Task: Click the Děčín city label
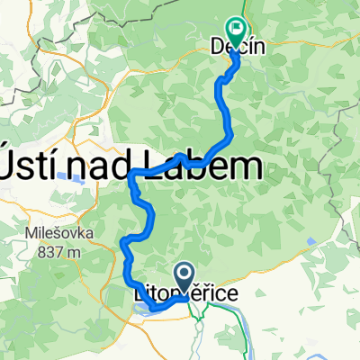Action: tap(238, 44)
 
